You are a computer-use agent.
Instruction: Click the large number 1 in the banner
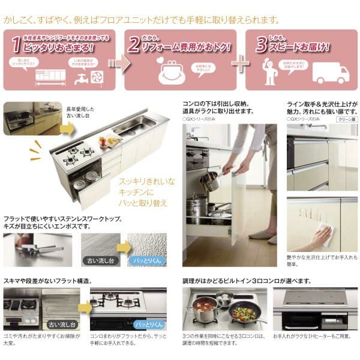click(16, 43)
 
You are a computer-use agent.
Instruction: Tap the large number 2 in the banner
click(135, 43)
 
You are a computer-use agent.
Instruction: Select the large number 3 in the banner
click(260, 43)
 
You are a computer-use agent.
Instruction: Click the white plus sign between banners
click(240, 64)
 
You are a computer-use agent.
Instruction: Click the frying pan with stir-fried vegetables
click(244, 314)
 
